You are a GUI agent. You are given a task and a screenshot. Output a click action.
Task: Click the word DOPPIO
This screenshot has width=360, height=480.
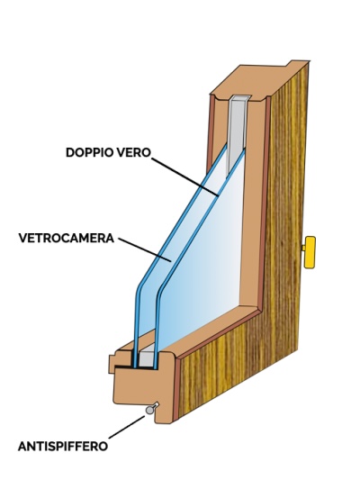click(86, 152)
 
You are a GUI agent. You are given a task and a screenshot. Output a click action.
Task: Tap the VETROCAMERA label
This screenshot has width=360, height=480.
click(67, 238)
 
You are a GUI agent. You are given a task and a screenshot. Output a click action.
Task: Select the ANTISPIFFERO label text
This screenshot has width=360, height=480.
click(63, 446)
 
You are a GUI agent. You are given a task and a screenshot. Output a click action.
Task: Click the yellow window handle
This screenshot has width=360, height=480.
click(309, 252)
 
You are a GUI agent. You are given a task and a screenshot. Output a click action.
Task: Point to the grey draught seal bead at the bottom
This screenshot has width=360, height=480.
click(150, 410)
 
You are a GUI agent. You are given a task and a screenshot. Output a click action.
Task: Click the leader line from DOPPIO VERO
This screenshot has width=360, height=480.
click(185, 177)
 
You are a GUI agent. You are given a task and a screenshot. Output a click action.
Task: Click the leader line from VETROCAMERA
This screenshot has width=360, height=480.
click(145, 249)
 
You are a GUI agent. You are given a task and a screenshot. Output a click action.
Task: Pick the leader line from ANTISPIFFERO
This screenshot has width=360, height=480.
click(126, 427)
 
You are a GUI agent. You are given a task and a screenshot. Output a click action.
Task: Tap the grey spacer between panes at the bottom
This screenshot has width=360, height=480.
click(146, 358)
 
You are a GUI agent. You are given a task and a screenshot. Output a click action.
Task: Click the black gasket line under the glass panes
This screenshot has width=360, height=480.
click(135, 367)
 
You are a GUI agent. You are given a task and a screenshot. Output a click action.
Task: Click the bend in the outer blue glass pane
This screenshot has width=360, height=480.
click(139, 289)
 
